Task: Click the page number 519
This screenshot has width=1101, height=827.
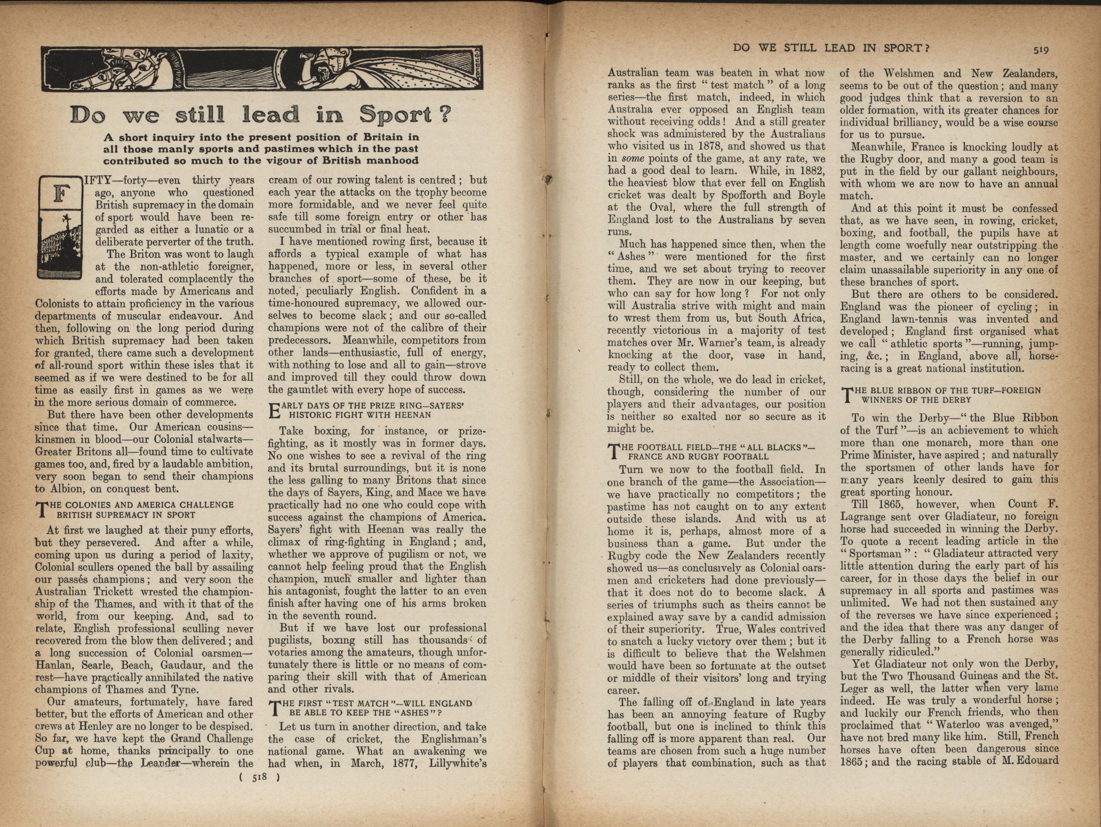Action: [1041, 50]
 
